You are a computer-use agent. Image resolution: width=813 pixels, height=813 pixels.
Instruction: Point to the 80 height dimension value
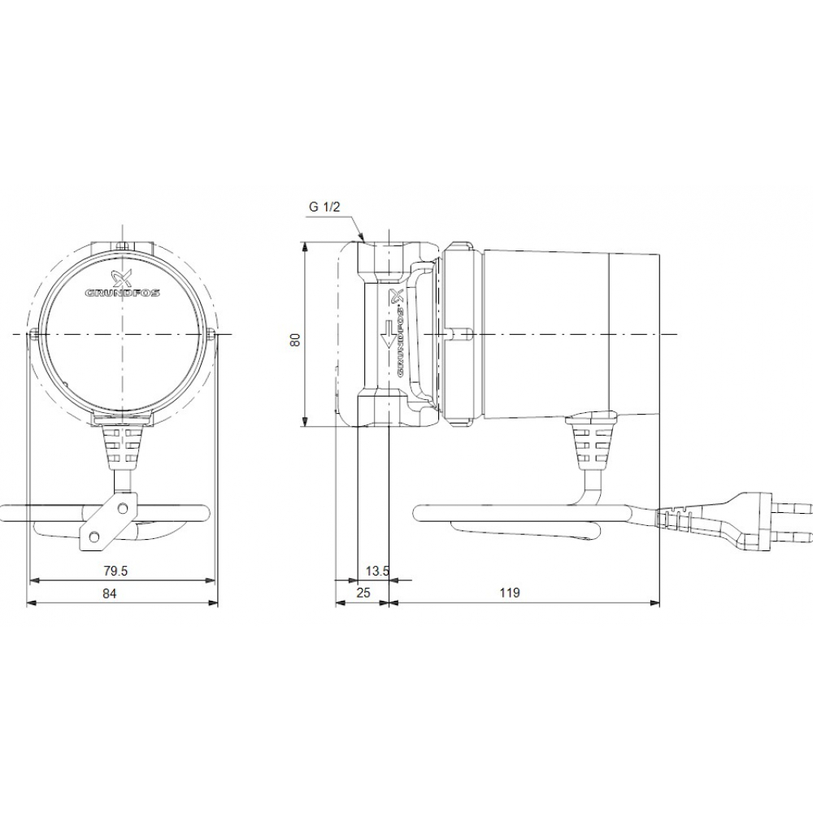(x=296, y=339)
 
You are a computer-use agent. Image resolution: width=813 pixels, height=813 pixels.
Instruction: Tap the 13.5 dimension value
(x=378, y=572)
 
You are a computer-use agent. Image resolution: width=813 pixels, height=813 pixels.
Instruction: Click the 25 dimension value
(x=363, y=593)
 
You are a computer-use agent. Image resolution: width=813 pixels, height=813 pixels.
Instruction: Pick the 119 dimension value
(x=509, y=593)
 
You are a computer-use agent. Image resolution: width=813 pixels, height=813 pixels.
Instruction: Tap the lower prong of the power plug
(x=793, y=536)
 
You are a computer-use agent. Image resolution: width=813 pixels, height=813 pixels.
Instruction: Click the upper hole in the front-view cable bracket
(x=122, y=508)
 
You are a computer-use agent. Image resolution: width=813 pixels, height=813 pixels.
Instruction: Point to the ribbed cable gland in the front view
(x=122, y=446)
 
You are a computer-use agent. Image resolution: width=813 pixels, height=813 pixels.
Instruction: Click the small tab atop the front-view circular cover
(x=122, y=246)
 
